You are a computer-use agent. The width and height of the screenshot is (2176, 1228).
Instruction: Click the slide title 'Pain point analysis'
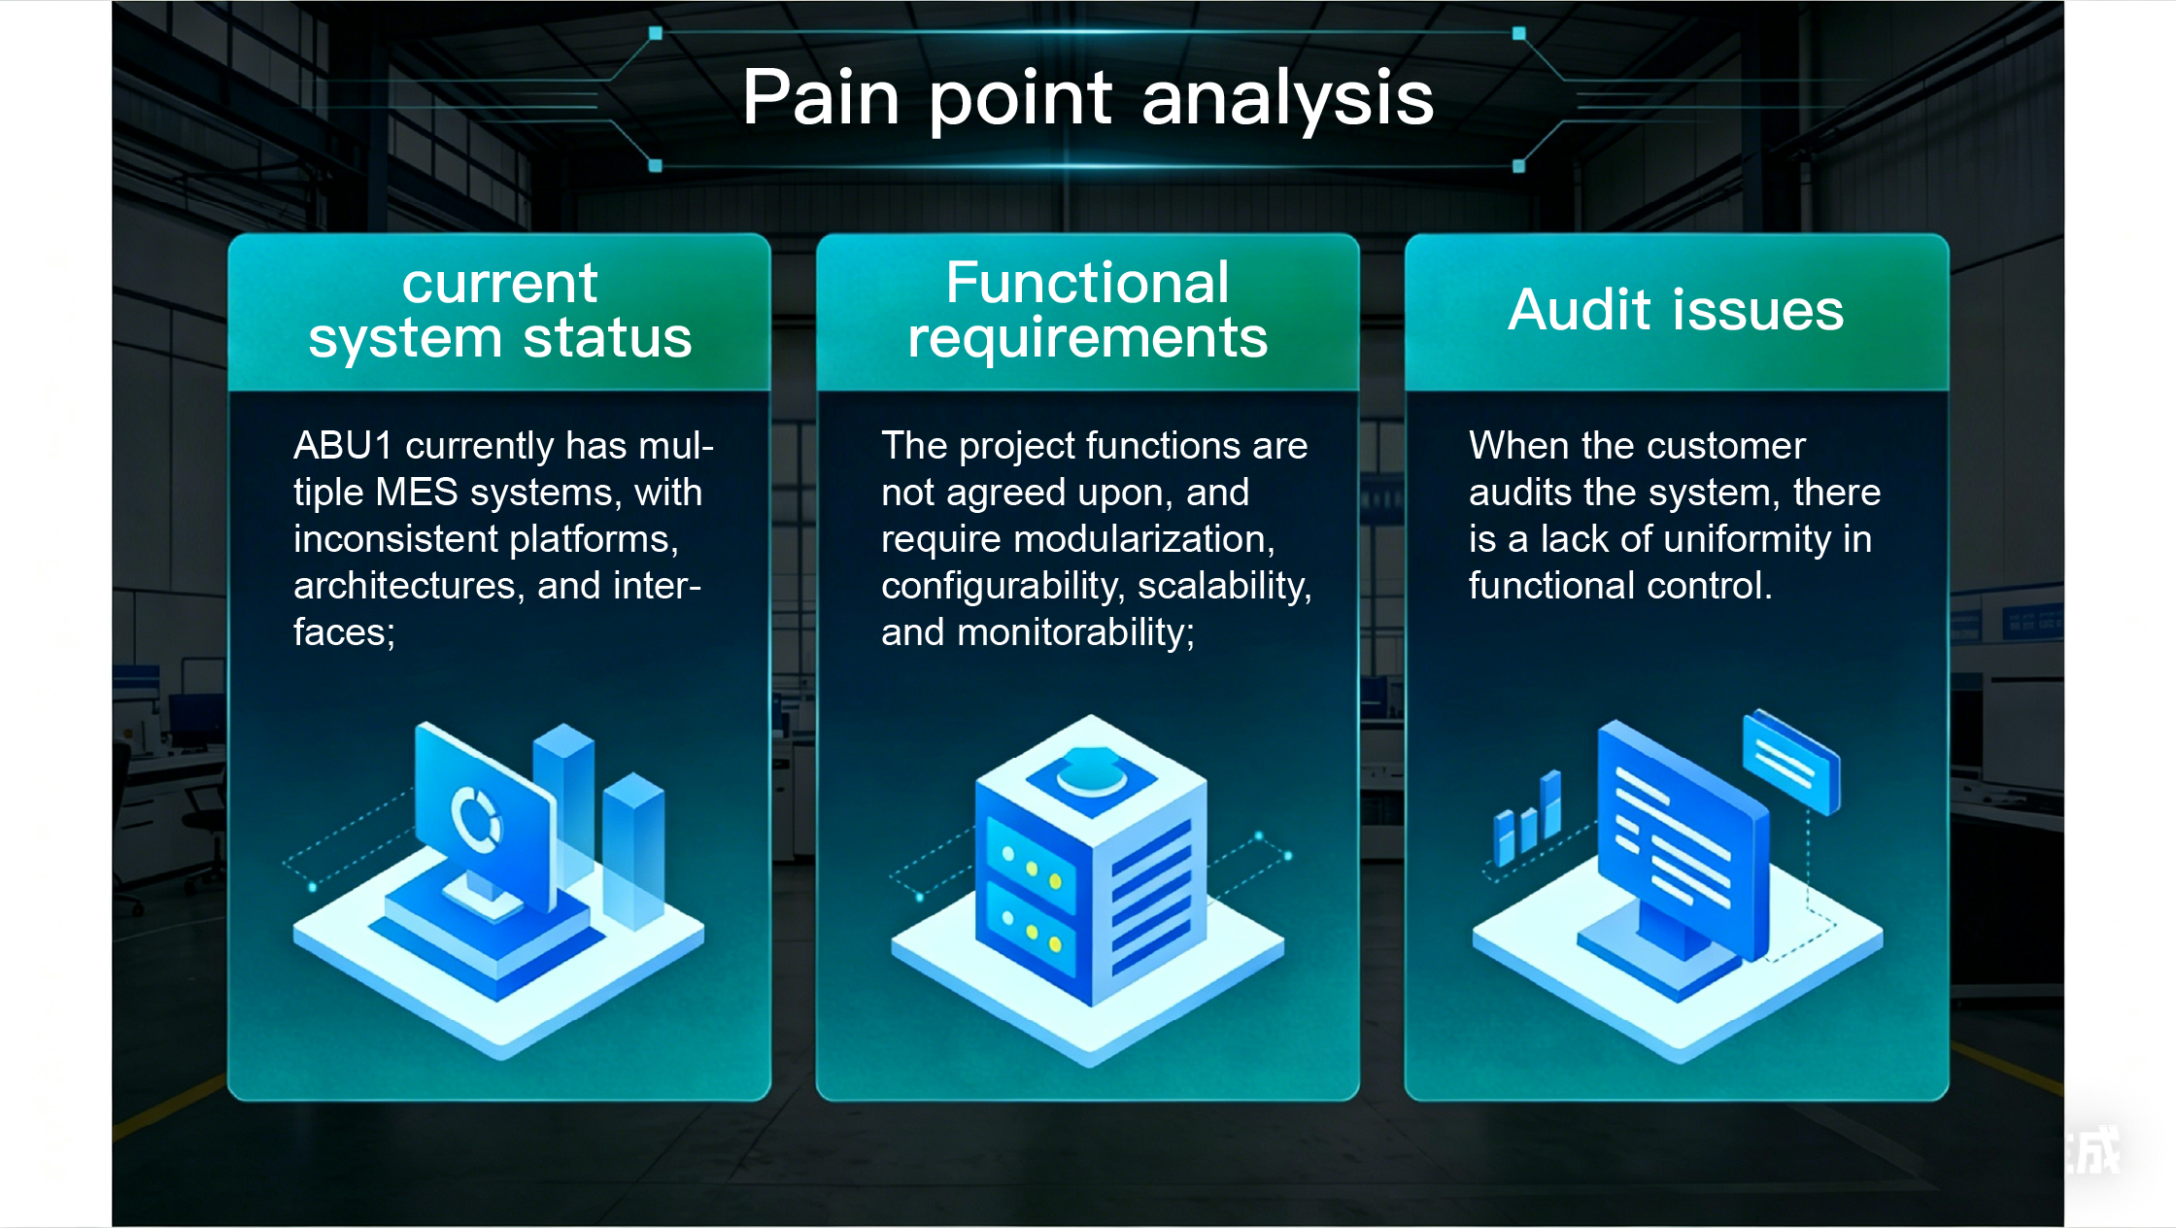coord(1088,98)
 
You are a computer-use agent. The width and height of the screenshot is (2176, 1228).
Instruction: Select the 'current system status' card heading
coord(500,311)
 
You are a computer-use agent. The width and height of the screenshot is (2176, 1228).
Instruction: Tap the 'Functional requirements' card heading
coord(1088,311)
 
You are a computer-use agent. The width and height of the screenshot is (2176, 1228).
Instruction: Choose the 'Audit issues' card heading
coord(1676,310)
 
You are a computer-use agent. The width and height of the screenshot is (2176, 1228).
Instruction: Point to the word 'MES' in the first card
coord(417,492)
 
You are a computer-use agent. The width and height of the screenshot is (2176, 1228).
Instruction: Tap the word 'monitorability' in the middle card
coord(1076,632)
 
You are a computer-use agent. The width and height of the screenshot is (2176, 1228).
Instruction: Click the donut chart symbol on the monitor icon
coord(476,818)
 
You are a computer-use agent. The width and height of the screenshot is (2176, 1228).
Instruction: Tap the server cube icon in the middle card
coord(1090,860)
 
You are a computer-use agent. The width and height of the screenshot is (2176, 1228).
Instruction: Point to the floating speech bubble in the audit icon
coord(1791,762)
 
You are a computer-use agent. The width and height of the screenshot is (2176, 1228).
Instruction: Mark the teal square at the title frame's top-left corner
coord(656,33)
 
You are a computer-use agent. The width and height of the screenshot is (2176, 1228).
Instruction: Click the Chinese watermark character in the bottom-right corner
coord(2096,1150)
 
